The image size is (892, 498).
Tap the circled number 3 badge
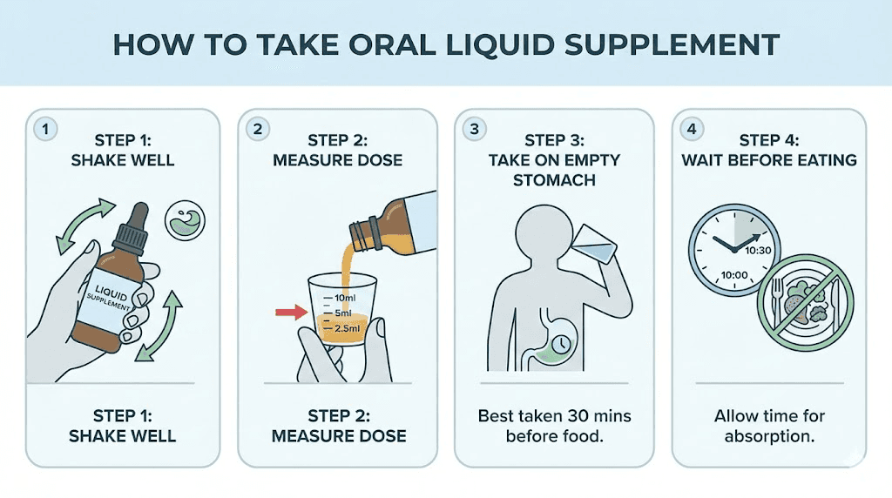point(475,129)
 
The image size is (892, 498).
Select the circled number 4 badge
point(691,129)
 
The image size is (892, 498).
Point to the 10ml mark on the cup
point(341,299)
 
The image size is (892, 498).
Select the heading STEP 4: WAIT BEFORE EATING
point(768,150)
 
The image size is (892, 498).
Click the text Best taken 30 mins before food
point(553,426)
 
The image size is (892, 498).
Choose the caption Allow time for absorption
point(768,426)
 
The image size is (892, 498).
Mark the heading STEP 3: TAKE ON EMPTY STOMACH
point(553,159)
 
